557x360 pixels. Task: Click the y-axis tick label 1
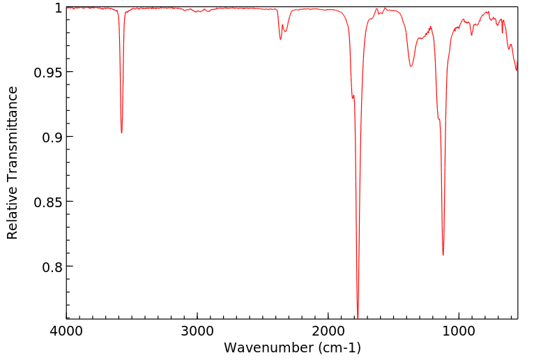click(x=59, y=8)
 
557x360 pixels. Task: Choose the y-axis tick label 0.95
click(x=49, y=73)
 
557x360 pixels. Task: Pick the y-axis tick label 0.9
click(x=53, y=137)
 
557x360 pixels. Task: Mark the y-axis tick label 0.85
click(x=49, y=202)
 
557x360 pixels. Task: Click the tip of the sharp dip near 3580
click(x=122, y=133)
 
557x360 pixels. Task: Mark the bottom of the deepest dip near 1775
click(x=358, y=317)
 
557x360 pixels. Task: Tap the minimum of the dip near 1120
click(x=443, y=255)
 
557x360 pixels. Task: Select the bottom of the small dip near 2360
click(x=280, y=39)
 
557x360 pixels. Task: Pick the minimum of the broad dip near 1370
click(x=411, y=66)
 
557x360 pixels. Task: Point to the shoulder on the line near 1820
click(x=353, y=96)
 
